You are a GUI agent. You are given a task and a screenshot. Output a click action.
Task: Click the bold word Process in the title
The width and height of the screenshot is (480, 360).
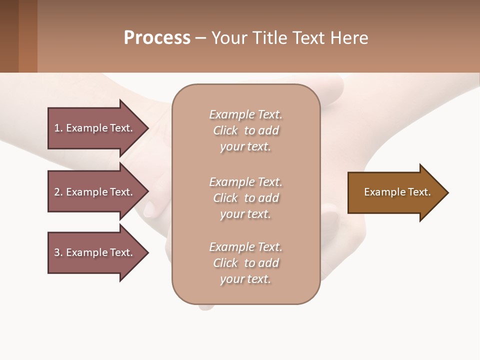(x=157, y=38)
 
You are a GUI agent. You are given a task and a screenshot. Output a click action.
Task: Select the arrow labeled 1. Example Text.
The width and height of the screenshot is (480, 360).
(x=95, y=128)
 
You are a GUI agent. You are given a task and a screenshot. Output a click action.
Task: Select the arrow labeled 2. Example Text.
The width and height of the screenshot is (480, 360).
(x=95, y=192)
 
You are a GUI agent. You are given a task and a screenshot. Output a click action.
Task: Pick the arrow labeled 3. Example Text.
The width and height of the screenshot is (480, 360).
(x=95, y=252)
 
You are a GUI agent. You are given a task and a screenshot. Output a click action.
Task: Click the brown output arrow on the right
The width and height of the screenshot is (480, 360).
(x=395, y=192)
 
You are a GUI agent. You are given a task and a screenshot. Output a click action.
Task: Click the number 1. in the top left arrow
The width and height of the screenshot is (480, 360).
(x=58, y=128)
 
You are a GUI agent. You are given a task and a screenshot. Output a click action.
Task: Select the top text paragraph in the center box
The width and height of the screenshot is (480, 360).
(x=245, y=130)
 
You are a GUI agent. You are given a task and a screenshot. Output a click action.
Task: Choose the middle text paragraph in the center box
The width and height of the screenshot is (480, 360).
(x=245, y=198)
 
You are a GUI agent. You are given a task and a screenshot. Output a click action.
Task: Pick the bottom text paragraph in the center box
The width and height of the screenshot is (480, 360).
(x=245, y=263)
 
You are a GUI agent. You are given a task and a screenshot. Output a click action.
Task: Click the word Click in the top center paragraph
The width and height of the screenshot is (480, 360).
(x=225, y=130)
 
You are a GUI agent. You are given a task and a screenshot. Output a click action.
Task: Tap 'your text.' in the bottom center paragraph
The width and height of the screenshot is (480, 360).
(x=245, y=279)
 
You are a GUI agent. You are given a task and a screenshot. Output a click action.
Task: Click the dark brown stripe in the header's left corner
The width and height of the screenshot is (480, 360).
(x=9, y=36)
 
